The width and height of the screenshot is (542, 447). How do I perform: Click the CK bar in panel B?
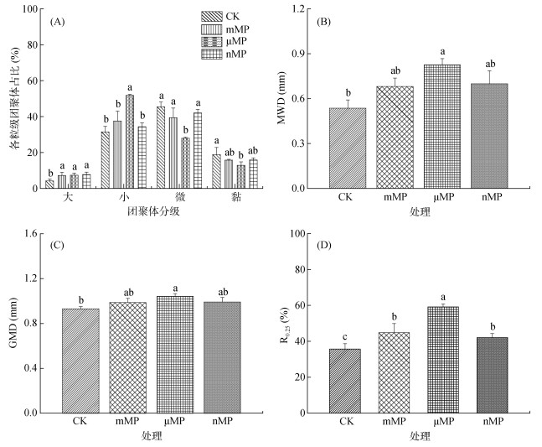click(x=347, y=148)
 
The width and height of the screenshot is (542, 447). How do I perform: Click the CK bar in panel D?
click(x=347, y=381)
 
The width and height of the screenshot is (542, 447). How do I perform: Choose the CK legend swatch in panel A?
click(x=211, y=16)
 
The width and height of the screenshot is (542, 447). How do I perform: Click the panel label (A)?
click(x=58, y=22)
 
